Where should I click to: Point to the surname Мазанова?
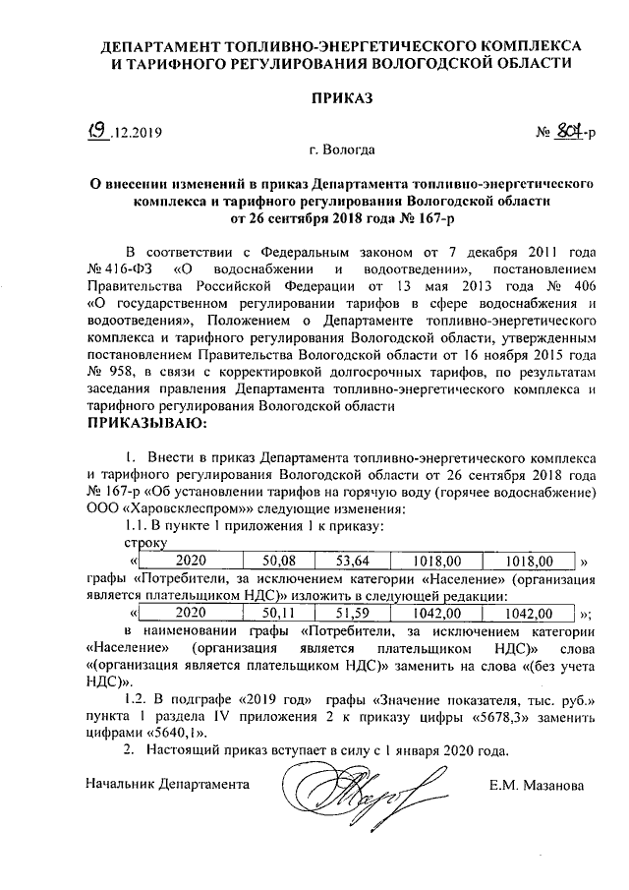[555, 786]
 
